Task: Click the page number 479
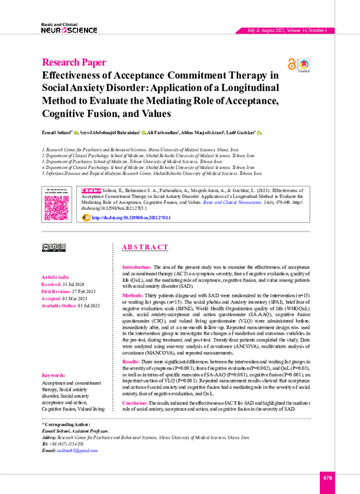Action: click(327, 477)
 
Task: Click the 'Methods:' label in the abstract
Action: click(132, 296)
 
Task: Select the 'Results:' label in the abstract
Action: click(131, 363)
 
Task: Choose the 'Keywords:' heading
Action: click(55, 375)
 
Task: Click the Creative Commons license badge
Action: click(53, 246)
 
